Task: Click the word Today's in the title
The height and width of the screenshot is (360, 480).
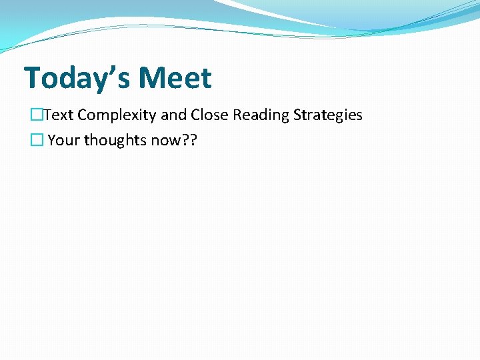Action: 77,78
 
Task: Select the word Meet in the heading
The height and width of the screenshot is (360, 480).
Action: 176,78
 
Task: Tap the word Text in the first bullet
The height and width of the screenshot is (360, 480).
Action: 59,115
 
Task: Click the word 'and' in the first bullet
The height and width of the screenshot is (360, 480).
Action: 173,115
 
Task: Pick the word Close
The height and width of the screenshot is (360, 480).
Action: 209,115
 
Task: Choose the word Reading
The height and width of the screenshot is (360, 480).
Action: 259,115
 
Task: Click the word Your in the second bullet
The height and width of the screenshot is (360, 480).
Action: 64,141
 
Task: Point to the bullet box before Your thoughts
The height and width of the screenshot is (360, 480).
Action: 37,141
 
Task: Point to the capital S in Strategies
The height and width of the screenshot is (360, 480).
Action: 297,115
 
